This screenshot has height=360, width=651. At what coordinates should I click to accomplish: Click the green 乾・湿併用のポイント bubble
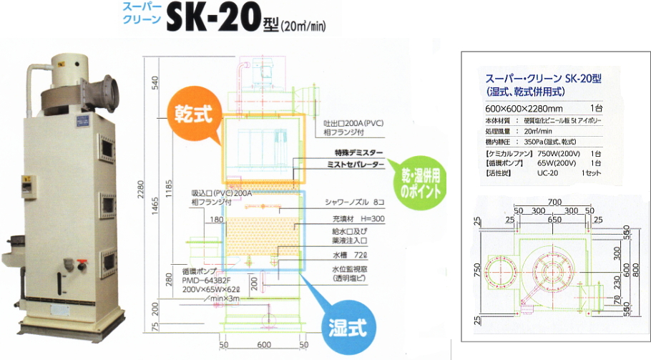click(x=418, y=185)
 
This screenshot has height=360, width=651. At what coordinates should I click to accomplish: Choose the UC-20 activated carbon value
click(x=549, y=174)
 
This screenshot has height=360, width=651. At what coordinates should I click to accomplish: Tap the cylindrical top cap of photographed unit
click(x=69, y=62)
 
